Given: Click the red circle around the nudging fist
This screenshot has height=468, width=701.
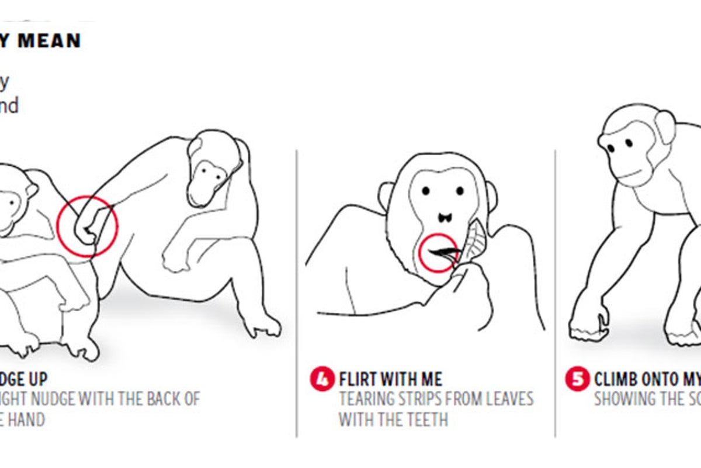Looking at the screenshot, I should click(88, 226).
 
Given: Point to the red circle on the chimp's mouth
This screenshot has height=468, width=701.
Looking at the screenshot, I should click(439, 253).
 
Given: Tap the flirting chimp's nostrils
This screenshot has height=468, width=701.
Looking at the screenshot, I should click(443, 216).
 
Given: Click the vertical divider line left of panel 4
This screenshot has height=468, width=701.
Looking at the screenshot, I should click(297, 292).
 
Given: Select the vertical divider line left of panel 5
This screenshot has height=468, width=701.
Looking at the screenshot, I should click(555, 292).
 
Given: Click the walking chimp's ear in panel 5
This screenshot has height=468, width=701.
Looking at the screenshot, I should click(665, 128).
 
